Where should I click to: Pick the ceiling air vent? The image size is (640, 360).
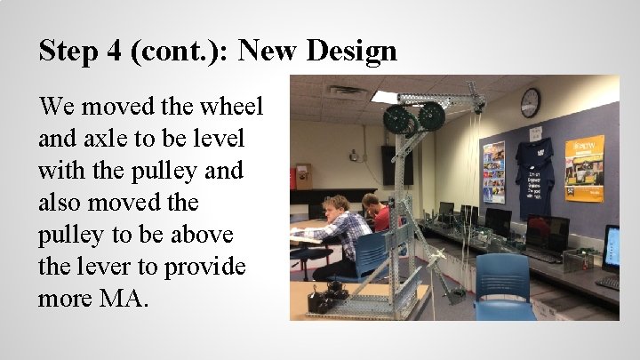[345, 91]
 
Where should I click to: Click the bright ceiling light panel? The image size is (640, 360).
[386, 96]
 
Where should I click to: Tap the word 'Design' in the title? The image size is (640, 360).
[352, 51]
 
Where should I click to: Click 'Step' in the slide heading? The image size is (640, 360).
[67, 51]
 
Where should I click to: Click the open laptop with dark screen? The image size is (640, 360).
[547, 236]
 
